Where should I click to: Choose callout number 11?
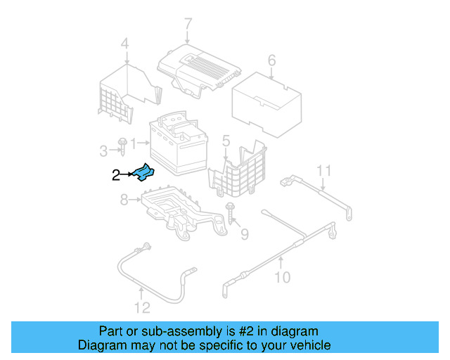[x=323, y=170]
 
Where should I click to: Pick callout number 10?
[x=281, y=277]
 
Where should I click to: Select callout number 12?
[x=142, y=307]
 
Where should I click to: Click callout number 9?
[x=244, y=233]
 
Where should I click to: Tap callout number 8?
[x=124, y=200]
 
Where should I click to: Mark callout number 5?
[x=226, y=142]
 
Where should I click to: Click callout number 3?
[x=103, y=150]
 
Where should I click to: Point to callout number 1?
[x=134, y=142]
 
